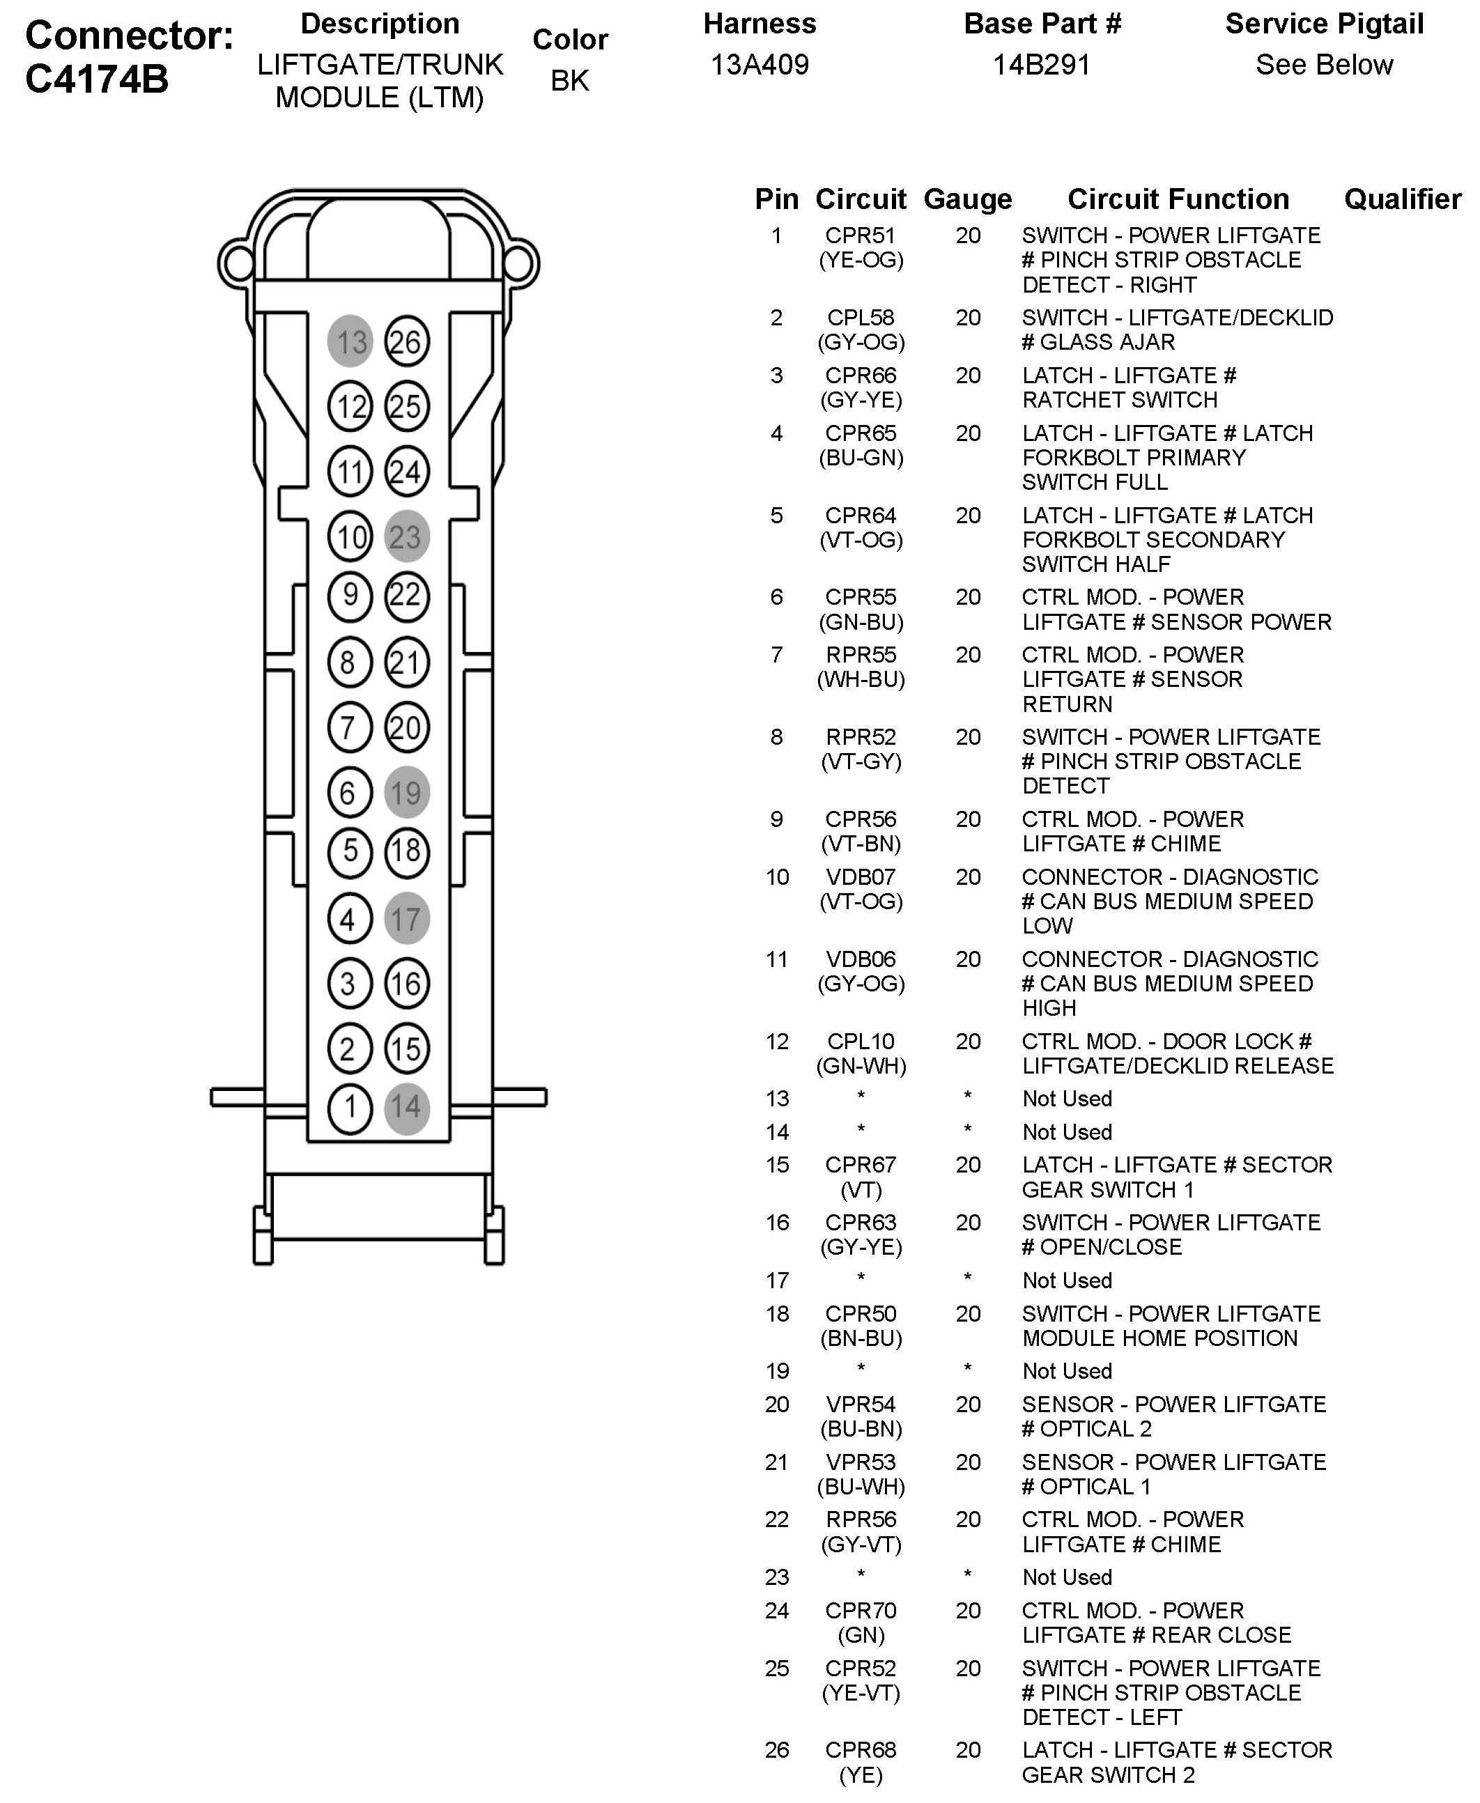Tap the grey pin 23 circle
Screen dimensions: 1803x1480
click(x=407, y=536)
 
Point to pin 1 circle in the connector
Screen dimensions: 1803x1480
click(x=350, y=1106)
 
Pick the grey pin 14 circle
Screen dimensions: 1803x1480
click(x=407, y=1106)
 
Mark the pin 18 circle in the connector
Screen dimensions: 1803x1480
click(x=407, y=851)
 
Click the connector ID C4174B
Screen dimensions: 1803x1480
click(x=97, y=79)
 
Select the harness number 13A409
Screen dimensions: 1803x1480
click(x=760, y=65)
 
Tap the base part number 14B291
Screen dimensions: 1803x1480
click(x=1042, y=65)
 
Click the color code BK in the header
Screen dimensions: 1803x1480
click(x=569, y=80)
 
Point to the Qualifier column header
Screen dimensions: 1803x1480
click(x=1403, y=199)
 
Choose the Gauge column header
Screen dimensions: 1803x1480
click(x=968, y=199)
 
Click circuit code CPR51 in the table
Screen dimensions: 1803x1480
click(x=861, y=235)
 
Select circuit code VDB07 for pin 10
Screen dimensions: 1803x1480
click(x=861, y=876)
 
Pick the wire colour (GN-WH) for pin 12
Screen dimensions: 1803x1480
click(x=861, y=1066)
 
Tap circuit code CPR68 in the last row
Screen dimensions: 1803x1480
click(x=861, y=1749)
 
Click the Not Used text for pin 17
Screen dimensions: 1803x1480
click(x=1067, y=1280)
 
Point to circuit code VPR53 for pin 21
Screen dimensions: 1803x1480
click(x=861, y=1462)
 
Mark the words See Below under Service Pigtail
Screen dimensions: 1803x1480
click(x=1324, y=65)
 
